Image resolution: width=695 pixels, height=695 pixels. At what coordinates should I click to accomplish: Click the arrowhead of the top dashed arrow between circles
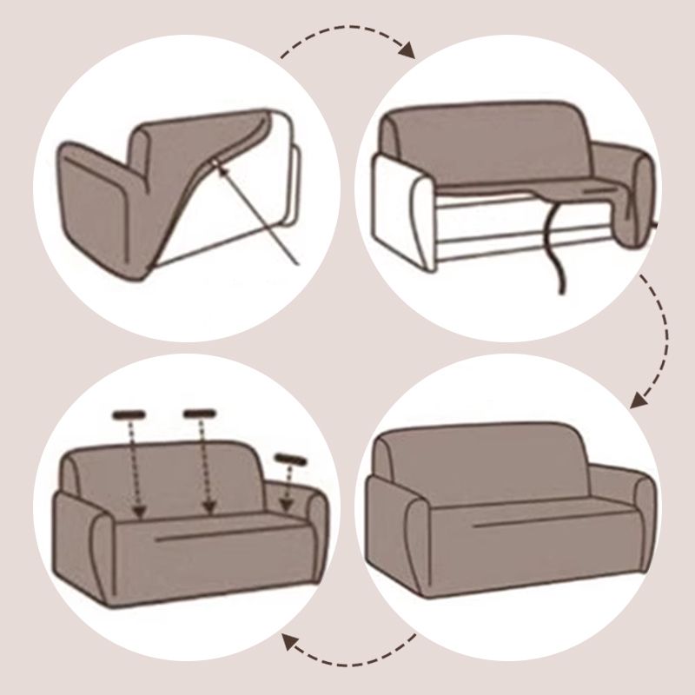pyautogui.click(x=407, y=50)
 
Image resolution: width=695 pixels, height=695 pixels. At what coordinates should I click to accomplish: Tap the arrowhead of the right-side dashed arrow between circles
pyautogui.click(x=639, y=400)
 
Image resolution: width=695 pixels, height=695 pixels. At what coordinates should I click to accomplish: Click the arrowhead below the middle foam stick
pyautogui.click(x=208, y=507)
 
